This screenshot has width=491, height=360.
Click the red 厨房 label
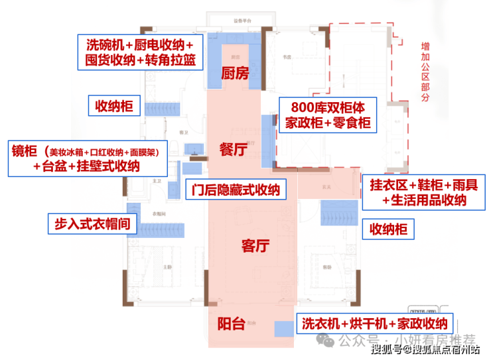pos(234,74)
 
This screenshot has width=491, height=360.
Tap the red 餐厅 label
pos(233,150)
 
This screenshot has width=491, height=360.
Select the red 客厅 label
pos(255,247)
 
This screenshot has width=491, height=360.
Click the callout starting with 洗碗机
pos(141,52)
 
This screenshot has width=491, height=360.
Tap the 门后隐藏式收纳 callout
pos(235,190)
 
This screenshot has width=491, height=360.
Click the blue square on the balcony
pos(284,328)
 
